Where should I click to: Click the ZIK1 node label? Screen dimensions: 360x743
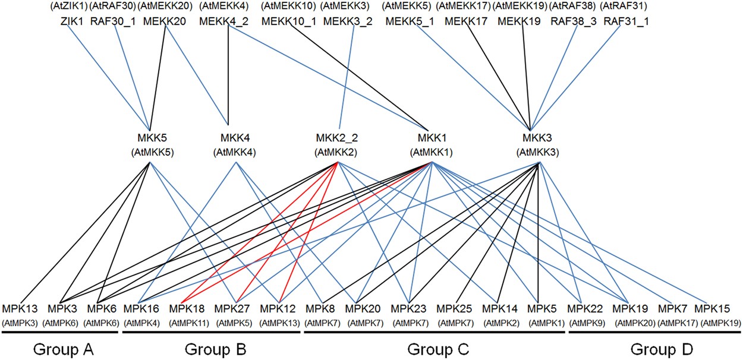pos(71,21)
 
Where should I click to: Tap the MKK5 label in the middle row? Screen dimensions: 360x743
pos(151,138)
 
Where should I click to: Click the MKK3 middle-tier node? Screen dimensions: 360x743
pos(538,138)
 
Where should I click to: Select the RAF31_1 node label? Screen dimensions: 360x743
pos(626,21)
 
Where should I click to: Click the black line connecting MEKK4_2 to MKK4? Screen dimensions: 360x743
pos(229,77)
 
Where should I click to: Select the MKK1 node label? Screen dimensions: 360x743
pos(431,138)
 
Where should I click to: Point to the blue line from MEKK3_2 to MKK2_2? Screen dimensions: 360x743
pos(347,77)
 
